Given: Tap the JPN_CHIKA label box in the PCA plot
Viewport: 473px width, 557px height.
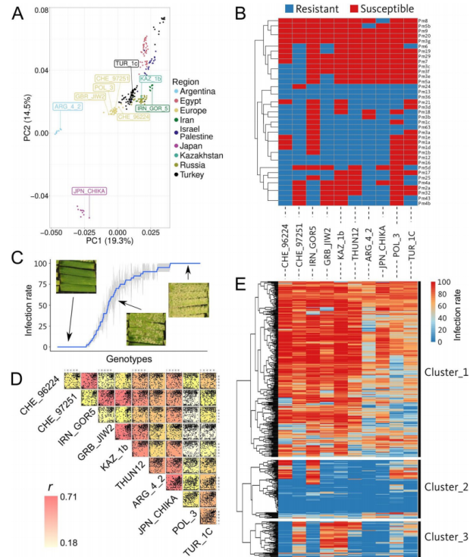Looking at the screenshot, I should [x=89, y=191].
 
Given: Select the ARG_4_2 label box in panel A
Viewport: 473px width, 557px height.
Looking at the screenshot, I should [x=68, y=107].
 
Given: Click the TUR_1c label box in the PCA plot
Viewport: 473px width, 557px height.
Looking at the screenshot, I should [x=127, y=64].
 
